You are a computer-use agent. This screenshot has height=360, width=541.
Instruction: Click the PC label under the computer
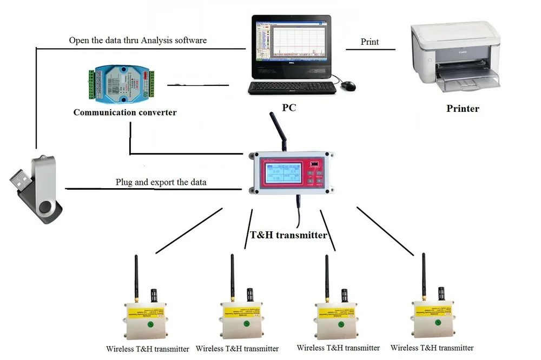click(x=289, y=108)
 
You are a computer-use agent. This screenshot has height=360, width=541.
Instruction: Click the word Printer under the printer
click(x=463, y=109)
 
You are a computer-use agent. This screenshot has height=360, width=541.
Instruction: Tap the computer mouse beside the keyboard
click(x=349, y=85)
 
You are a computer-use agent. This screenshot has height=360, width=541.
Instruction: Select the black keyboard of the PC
click(x=292, y=88)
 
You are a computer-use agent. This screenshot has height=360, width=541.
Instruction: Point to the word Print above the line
click(x=370, y=42)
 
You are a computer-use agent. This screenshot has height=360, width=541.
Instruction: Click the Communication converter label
click(x=125, y=112)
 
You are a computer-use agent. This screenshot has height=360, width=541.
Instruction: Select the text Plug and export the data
click(x=161, y=182)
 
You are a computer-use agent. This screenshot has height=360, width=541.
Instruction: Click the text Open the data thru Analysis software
click(x=138, y=40)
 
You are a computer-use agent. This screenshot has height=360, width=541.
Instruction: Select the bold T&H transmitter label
click(x=288, y=235)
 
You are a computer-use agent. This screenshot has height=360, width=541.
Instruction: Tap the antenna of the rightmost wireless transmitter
click(x=424, y=276)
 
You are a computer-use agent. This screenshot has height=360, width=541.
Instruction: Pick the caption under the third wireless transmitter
click(x=338, y=348)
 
